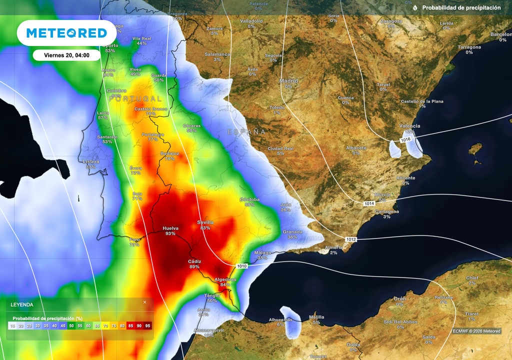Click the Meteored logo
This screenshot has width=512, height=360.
(66, 33)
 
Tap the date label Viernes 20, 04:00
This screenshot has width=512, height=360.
(66, 55)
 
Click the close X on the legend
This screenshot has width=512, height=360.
(145, 302)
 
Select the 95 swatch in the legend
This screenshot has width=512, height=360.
(147, 326)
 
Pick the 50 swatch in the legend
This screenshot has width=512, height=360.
(71, 326)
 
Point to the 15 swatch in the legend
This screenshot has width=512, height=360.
(12, 326)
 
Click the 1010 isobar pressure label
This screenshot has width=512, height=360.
(242, 266)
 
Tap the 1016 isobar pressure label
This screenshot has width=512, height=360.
(405, 139)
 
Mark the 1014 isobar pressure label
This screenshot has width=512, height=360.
(369, 203)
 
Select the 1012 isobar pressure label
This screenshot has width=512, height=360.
(351, 239)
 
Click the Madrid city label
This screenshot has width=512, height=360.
(288, 80)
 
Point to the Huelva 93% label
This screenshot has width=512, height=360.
(170, 230)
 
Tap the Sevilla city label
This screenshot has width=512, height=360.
(205, 222)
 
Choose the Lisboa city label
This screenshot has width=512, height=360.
(91, 161)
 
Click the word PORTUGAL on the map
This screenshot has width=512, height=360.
(135, 99)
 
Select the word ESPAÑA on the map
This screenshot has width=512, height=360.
(246, 132)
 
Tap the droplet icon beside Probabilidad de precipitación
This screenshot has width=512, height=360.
(415, 8)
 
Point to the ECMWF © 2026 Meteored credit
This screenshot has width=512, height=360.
(476, 331)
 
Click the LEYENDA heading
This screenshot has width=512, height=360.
(22, 304)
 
